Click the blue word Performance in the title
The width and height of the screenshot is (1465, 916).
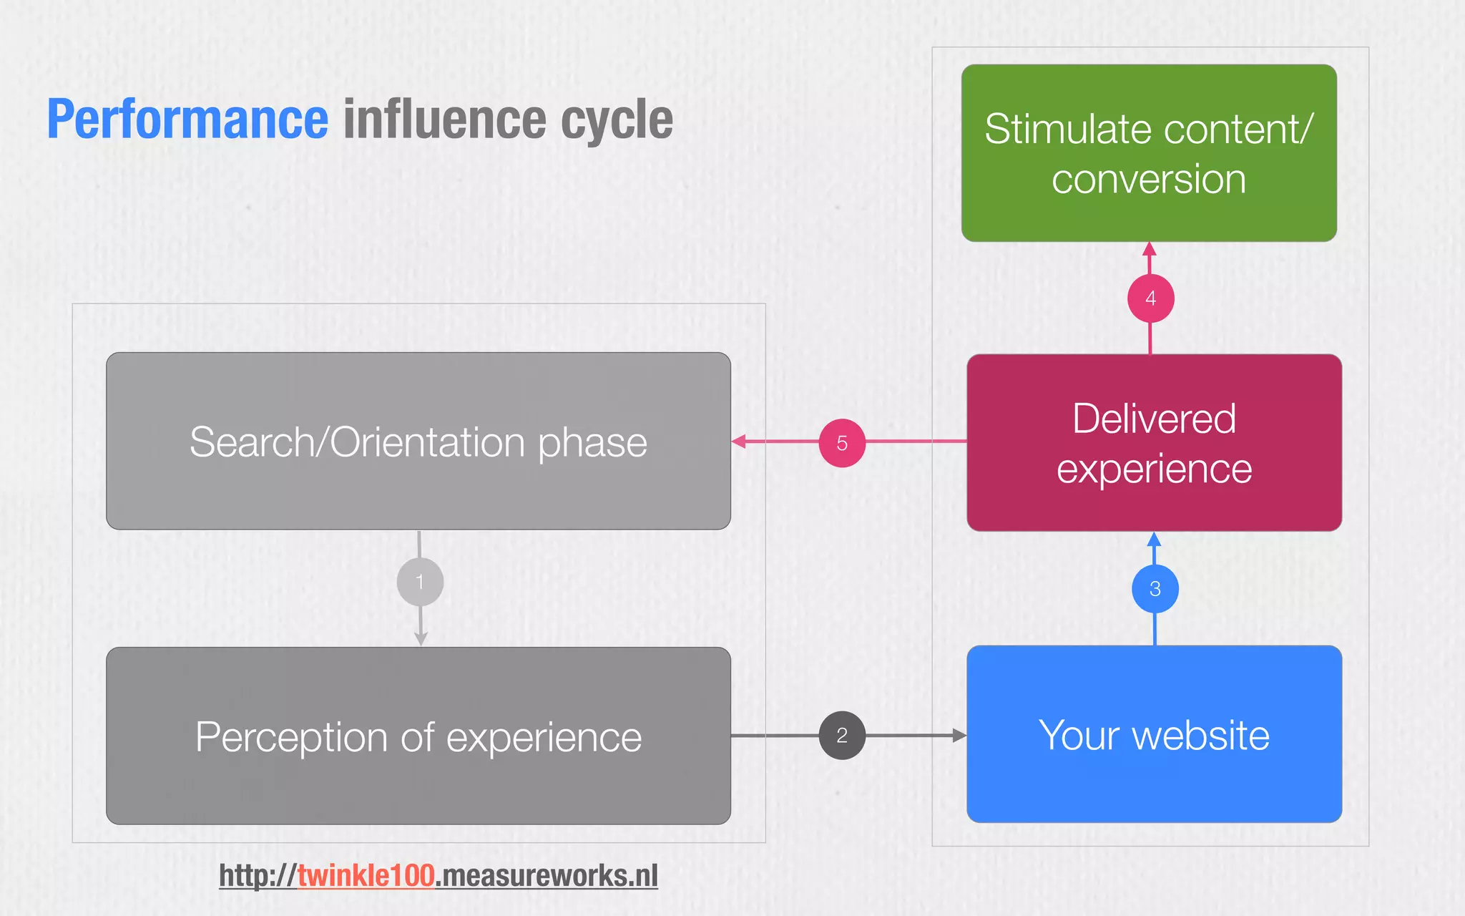[187, 120]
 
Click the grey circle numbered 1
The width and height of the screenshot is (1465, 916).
[420, 582]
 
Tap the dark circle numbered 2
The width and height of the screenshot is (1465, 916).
[842, 735]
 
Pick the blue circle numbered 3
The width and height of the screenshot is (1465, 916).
[1155, 589]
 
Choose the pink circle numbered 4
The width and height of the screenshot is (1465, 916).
[1150, 298]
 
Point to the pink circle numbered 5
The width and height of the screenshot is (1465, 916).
[842, 443]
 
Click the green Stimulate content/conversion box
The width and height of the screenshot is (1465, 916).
[1149, 153]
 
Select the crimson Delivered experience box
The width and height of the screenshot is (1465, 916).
[1154, 443]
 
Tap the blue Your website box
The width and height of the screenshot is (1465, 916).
[1154, 735]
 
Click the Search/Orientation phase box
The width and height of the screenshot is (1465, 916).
[418, 442]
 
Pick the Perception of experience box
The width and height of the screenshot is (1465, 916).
[418, 736]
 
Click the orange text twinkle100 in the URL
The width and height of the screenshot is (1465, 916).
[366, 875]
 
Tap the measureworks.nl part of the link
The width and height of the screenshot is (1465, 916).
[547, 875]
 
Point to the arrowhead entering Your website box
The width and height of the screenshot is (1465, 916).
[959, 735]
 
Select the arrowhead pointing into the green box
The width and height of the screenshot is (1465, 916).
[1150, 249]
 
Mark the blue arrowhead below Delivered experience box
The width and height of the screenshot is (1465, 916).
[1154, 539]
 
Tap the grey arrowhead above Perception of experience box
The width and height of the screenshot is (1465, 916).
[421, 638]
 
